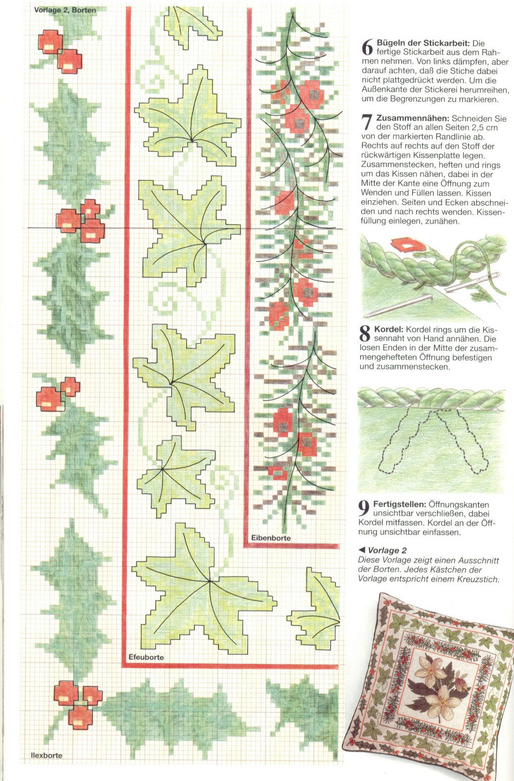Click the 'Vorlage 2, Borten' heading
tap(65, 10)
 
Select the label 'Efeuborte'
tap(146, 657)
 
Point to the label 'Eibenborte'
tap(271, 538)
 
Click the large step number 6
tap(367, 47)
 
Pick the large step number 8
tap(365, 333)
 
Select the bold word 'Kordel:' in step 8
tap(388, 329)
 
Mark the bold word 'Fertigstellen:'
tap(400, 505)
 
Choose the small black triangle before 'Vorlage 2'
tap(362, 550)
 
